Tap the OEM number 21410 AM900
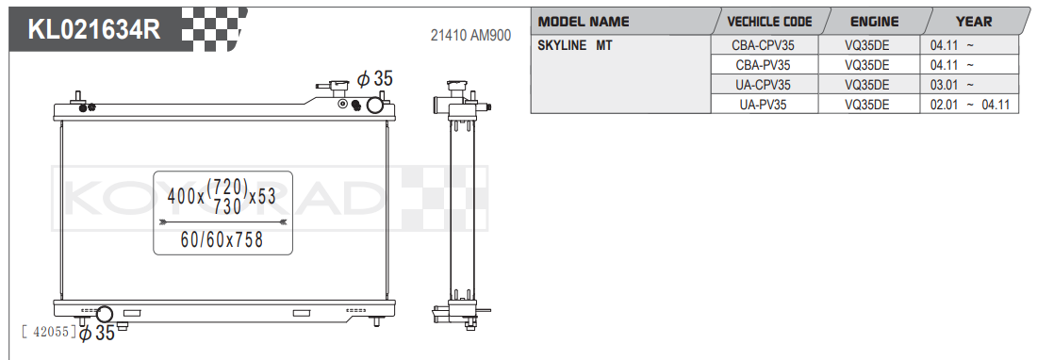tap(470, 36)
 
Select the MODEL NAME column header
tap(584, 22)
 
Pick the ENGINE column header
tap(874, 22)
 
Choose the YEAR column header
tap(973, 22)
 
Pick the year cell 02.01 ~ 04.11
tap(968, 105)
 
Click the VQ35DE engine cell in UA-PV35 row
tap(867, 105)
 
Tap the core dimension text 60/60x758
tap(222, 240)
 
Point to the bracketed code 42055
tap(48, 332)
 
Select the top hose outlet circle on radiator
tap(374, 105)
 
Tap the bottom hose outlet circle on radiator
tap(105, 314)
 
